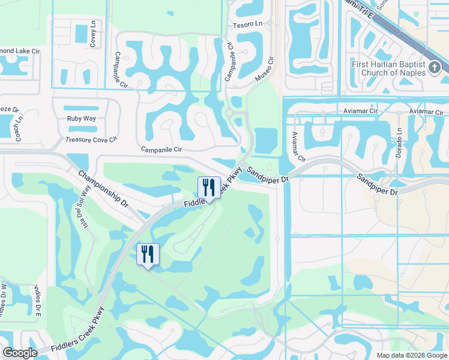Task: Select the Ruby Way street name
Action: click(81, 118)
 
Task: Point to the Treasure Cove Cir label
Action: click(91, 140)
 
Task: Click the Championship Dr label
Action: click(103, 188)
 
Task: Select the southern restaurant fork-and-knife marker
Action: click(148, 254)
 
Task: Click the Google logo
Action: click(20, 353)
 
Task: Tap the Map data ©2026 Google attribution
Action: click(412, 355)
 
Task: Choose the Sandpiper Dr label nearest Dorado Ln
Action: click(377, 184)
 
